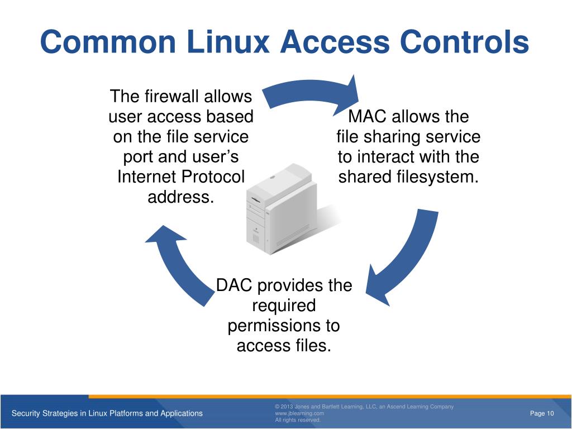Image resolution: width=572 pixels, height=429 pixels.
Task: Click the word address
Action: (x=180, y=197)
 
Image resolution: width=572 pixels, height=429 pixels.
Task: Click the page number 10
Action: (x=549, y=413)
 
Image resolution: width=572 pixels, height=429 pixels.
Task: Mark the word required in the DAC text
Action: (x=284, y=306)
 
